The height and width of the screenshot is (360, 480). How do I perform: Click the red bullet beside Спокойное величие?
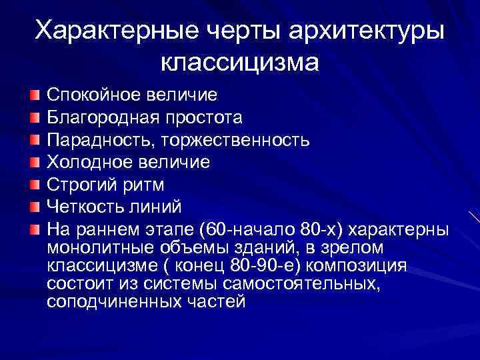[34, 95]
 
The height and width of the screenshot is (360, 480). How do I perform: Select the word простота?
[204, 117]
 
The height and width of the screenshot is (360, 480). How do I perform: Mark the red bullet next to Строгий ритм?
[34, 183]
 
